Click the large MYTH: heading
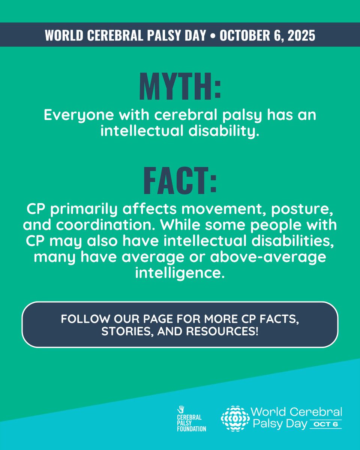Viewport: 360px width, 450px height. (180, 87)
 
